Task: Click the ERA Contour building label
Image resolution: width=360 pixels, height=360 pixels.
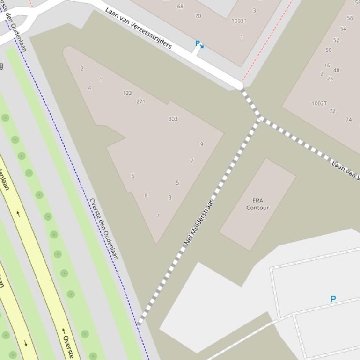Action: (257, 204)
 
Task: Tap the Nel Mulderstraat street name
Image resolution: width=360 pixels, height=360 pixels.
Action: (199, 222)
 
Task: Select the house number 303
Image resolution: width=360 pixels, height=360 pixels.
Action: (173, 119)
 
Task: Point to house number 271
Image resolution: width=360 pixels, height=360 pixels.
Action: (140, 101)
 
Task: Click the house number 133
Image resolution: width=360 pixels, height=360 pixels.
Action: (127, 93)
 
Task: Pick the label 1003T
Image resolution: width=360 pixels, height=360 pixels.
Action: (239, 21)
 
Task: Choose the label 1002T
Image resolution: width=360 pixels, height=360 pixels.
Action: (319, 103)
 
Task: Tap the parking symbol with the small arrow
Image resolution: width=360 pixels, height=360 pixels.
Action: (198, 44)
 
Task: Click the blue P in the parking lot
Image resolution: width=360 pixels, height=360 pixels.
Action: (333, 299)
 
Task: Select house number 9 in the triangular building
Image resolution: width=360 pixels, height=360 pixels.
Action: (202, 144)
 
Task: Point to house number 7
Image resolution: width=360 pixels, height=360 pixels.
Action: (192, 161)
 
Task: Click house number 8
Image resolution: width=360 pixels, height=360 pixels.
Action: (146, 195)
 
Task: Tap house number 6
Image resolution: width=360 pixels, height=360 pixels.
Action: (133, 176)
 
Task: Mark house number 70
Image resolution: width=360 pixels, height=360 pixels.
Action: (198, 16)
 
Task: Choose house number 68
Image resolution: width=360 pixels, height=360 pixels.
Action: (180, 7)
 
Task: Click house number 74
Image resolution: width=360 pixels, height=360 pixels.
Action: (348, 120)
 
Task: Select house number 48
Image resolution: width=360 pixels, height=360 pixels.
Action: (336, 71)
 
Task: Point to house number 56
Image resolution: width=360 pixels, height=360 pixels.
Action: (350, 18)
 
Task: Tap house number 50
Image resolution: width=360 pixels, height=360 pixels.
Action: (328, 50)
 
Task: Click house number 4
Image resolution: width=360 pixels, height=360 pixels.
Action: (89, 88)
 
